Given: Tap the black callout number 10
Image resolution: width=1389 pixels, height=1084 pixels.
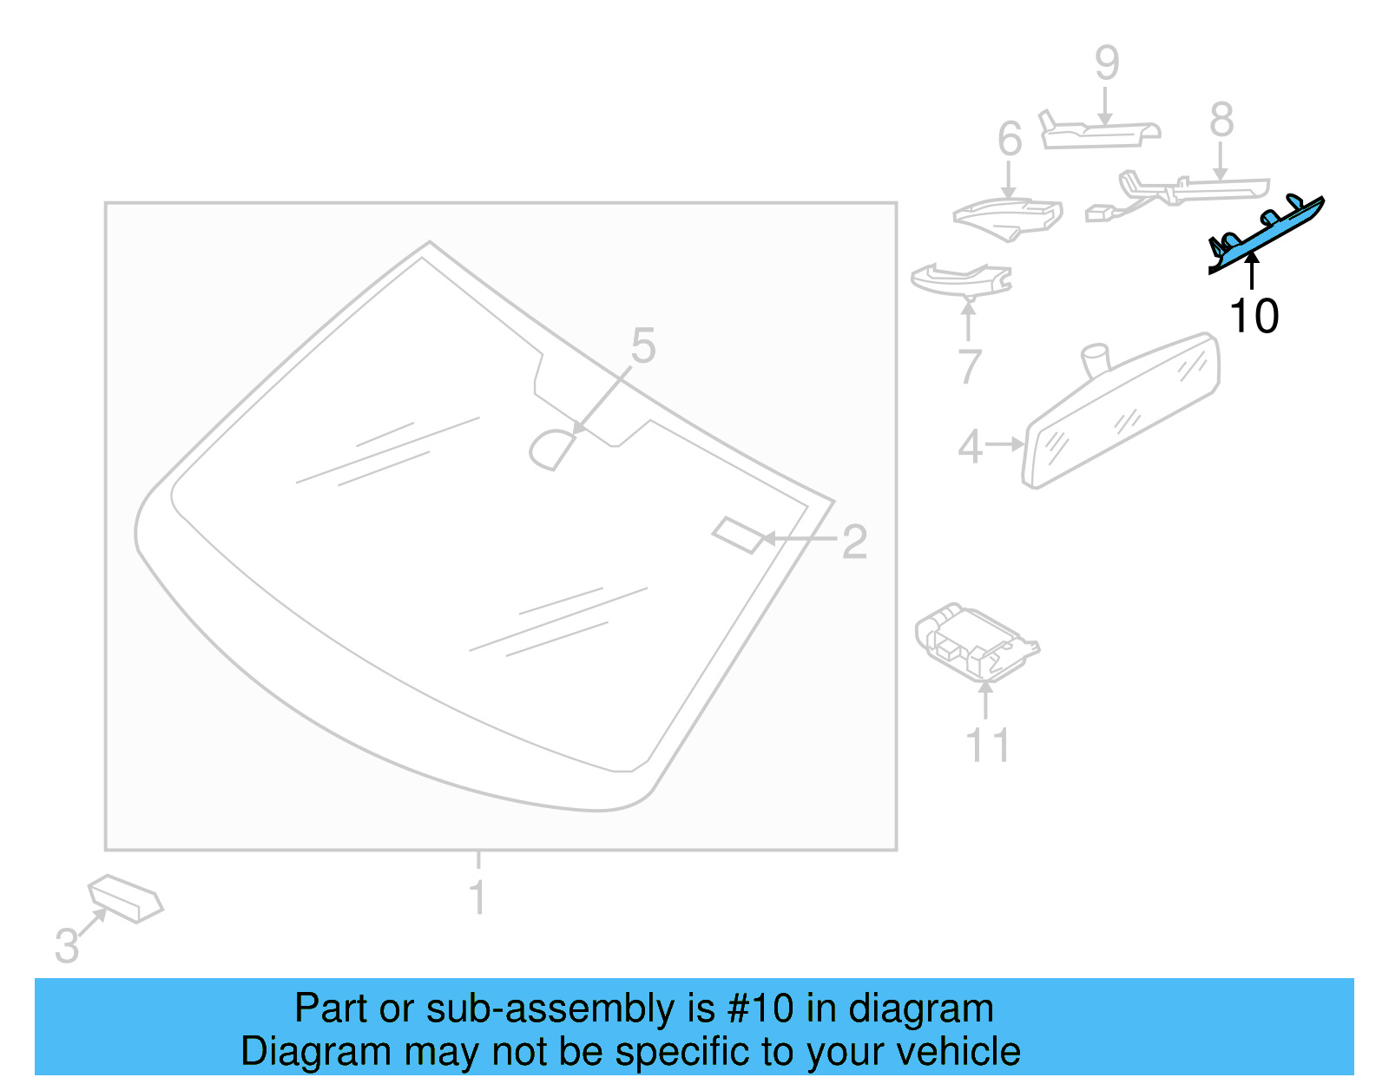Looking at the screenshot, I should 1254,316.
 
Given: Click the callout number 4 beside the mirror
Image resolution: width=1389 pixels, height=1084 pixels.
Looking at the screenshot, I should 970,446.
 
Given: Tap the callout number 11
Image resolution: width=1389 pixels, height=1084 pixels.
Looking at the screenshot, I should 988,746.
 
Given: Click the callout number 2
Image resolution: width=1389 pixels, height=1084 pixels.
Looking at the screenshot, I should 854,542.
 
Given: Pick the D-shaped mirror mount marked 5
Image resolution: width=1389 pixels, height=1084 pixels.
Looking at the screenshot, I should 552,450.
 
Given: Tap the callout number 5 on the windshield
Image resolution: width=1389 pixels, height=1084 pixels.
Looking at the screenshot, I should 642,346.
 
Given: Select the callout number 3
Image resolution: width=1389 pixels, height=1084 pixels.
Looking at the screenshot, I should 66,945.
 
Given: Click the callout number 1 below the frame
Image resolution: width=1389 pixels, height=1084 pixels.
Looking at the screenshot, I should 477,897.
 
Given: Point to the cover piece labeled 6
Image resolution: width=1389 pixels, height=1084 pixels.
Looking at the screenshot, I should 1010,219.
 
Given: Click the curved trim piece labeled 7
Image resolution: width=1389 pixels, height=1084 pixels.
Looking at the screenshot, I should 960,279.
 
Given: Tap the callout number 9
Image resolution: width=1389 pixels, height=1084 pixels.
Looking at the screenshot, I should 1106,62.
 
